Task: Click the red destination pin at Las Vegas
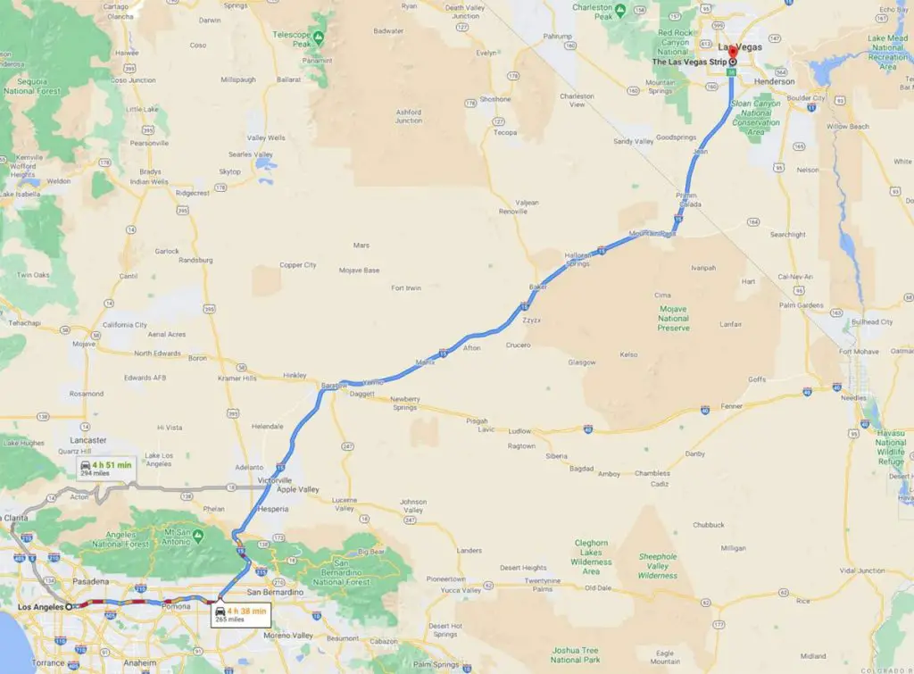pos(732,51)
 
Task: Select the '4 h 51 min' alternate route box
pos(105,468)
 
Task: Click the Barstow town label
pos(334,387)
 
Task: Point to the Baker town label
pos(538,287)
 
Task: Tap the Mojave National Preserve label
pos(674,319)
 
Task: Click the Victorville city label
pos(276,479)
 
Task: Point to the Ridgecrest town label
pos(198,192)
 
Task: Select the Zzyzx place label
pos(533,319)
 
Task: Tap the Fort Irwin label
pos(406,287)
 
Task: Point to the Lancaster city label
pos(88,440)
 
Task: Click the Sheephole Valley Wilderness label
pos(658,566)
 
